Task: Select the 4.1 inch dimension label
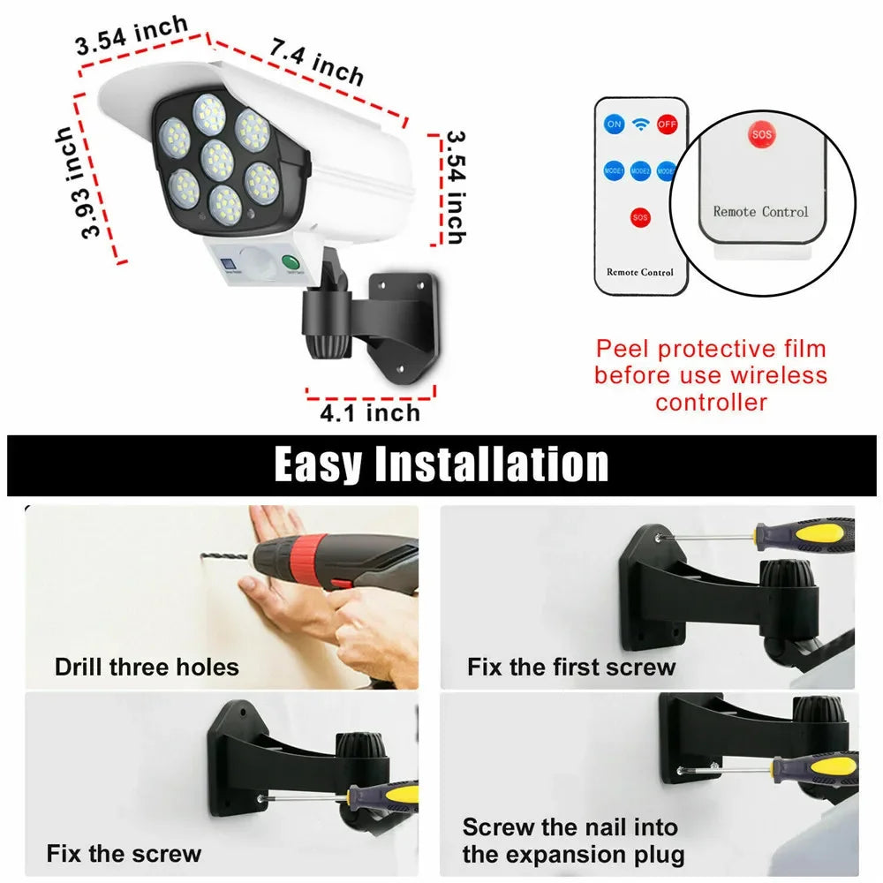tap(370, 411)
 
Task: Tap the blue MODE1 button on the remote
tap(614, 170)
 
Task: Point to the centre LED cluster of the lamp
tap(217, 159)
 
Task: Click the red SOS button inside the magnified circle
tap(760, 135)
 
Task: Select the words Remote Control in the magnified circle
tap(760, 212)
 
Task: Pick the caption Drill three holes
tap(147, 666)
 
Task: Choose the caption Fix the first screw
tap(571, 667)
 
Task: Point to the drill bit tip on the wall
tap(206, 555)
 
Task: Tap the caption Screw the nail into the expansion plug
tap(573, 841)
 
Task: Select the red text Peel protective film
tap(711, 349)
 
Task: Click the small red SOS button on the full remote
tap(641, 216)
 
